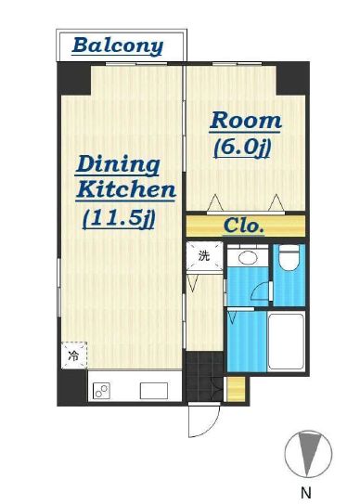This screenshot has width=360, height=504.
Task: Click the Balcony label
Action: [x=118, y=47]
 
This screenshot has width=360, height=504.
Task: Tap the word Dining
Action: [x=118, y=165]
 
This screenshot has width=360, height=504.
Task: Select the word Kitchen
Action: [x=126, y=190]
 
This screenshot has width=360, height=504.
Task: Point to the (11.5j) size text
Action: [x=119, y=219]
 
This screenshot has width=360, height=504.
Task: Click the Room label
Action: [x=246, y=121]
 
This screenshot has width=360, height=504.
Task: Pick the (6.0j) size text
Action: [x=242, y=149]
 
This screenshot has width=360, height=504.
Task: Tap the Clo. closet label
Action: [x=244, y=226]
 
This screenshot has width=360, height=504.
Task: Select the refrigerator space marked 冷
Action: [x=74, y=355]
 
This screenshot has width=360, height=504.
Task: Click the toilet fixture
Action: [x=288, y=257]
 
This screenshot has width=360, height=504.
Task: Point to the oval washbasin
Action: [x=248, y=258]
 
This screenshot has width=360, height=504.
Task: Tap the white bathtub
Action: [x=286, y=342]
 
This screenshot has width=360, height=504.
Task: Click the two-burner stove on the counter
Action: [x=102, y=391]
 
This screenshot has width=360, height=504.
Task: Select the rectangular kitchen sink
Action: [x=154, y=391]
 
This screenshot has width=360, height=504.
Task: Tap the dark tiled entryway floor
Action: [x=204, y=377]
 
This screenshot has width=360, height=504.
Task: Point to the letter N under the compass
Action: [x=306, y=493]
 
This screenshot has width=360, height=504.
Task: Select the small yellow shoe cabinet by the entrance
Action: [x=236, y=389]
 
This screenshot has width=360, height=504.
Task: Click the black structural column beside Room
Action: [x=290, y=79]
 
